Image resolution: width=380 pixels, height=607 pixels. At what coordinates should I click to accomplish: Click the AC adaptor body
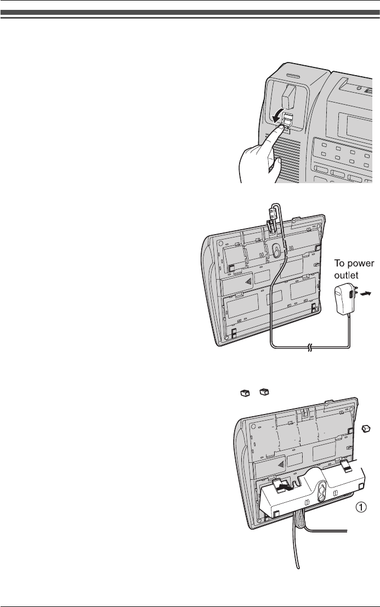[342, 299]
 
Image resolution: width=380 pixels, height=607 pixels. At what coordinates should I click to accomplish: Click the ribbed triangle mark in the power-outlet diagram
[248, 281]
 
